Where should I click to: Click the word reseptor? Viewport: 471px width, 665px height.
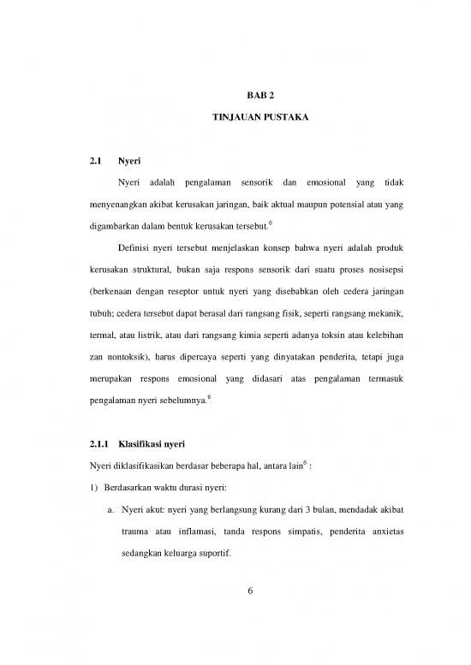point(188,303)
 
